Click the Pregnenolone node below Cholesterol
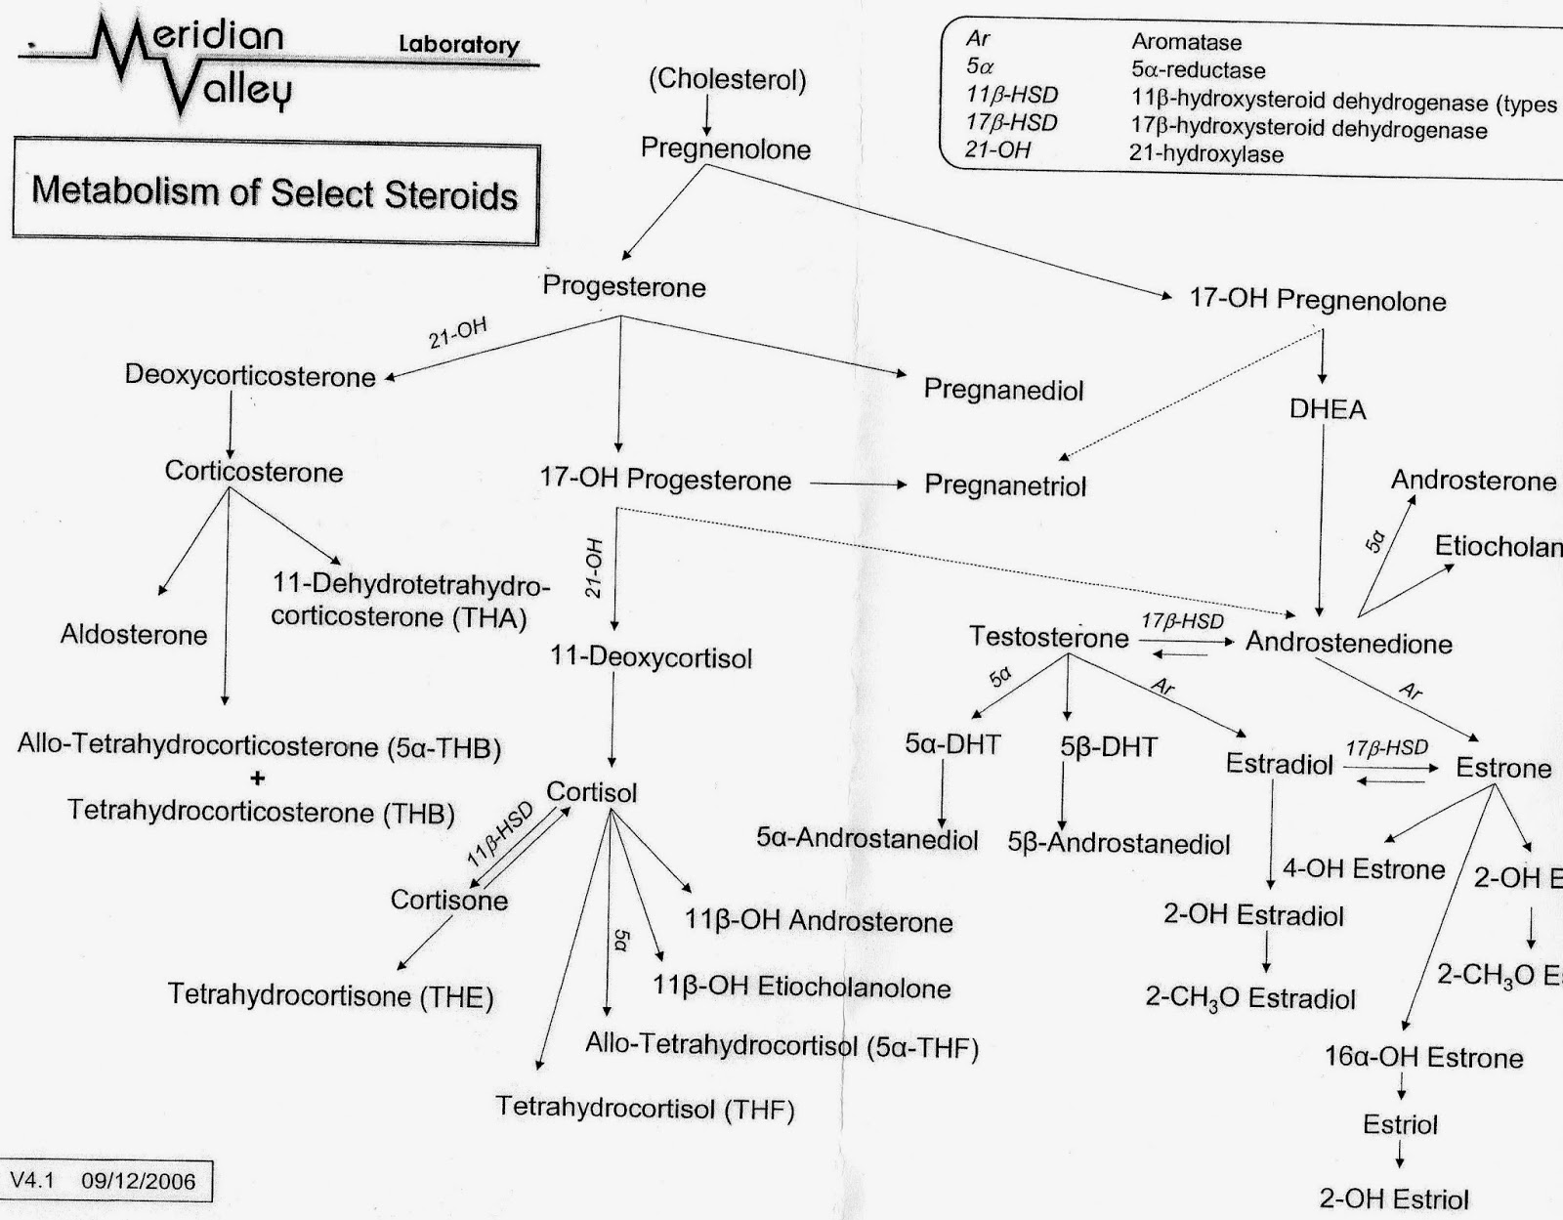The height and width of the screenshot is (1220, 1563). coord(725,148)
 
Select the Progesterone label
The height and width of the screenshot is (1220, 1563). coord(623,286)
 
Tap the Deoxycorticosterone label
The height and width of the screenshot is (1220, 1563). coord(250,376)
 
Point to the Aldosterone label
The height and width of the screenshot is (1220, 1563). coord(134,635)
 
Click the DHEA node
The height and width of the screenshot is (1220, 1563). coord(1328,409)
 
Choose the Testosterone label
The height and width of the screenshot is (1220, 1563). coord(1048,637)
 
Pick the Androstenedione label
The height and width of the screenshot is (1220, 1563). coord(1348,643)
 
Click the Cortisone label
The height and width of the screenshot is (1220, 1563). coord(449,900)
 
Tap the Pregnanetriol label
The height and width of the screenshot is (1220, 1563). coord(1005,485)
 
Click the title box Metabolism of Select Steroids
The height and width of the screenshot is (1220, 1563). coord(275,191)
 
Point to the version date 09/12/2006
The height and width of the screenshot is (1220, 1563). coord(139,1181)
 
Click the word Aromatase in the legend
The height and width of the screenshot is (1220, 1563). coord(1186,42)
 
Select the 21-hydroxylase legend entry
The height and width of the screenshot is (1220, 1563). coord(1205,153)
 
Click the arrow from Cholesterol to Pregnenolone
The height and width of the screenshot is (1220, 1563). coord(707,114)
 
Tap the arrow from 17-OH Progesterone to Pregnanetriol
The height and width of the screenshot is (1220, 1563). coord(858,484)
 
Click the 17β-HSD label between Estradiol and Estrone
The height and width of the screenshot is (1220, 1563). coord(1386,747)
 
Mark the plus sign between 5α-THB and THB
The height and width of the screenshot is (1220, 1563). coord(258,778)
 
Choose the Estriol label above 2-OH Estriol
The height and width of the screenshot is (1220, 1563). coord(1400,1124)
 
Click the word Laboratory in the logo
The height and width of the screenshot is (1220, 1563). coord(458,44)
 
